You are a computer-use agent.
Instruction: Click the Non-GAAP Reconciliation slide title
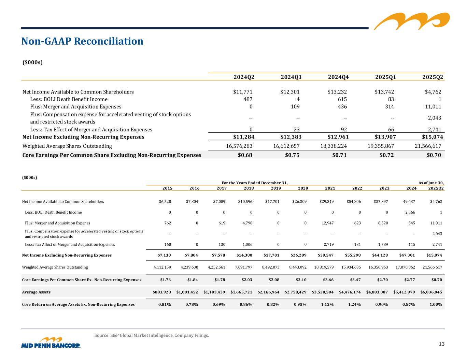click(x=82, y=41)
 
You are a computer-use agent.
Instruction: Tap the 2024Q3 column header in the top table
click(x=291, y=77)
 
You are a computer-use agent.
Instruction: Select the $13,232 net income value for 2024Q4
click(x=337, y=92)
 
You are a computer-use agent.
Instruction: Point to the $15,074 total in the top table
click(x=432, y=137)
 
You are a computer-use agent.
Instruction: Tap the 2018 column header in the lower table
click(x=249, y=188)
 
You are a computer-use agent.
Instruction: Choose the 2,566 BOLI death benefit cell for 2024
click(x=410, y=212)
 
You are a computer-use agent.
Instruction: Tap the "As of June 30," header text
click(x=431, y=183)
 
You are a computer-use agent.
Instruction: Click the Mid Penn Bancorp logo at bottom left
click(x=51, y=343)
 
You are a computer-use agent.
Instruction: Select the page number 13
click(x=442, y=344)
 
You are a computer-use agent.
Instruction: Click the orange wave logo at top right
click(x=412, y=21)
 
